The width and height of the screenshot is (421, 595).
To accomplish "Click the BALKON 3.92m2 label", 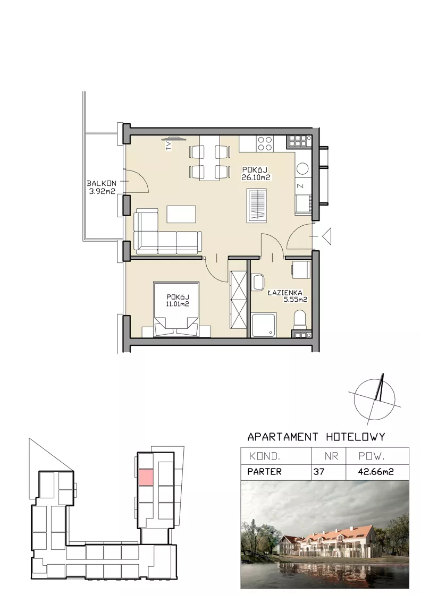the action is click(102, 187).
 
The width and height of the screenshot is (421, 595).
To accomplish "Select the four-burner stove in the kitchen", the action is click(265, 143).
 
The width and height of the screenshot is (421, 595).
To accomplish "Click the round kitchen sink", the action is click(302, 169).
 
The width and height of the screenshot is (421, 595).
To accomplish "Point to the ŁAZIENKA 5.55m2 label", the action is click(288, 296).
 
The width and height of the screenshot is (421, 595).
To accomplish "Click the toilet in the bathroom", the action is click(300, 318).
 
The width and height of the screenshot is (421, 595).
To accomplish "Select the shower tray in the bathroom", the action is click(264, 325).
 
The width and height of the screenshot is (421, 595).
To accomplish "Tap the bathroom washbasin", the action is click(257, 282).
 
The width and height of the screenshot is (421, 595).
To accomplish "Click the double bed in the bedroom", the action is click(176, 309).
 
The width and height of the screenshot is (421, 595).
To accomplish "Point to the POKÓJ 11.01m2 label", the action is click(178, 300).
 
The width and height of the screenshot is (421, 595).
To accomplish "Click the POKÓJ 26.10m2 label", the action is click(256, 173).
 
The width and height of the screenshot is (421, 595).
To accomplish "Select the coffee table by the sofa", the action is click(181, 214).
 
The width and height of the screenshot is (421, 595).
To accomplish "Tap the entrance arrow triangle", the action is click(327, 236).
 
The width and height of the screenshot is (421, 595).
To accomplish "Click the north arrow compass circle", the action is click(374, 399).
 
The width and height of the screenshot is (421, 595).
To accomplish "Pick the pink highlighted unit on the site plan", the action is click(146, 477).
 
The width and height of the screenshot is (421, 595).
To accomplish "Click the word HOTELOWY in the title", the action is click(356, 437).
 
